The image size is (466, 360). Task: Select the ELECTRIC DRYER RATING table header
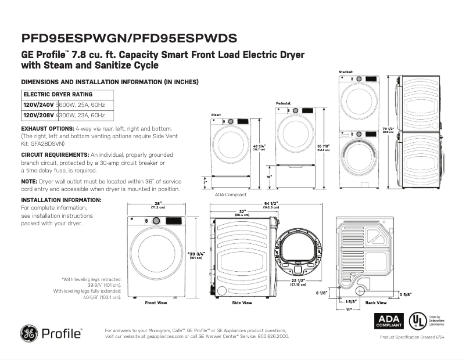point(58,94)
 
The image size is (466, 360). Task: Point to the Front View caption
point(156,303)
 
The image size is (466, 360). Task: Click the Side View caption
point(242,303)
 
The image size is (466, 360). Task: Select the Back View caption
point(376,303)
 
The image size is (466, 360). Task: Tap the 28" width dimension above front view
point(157,203)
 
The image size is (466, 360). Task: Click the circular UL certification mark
point(416,321)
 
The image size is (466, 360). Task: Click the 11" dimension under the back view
point(349,311)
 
